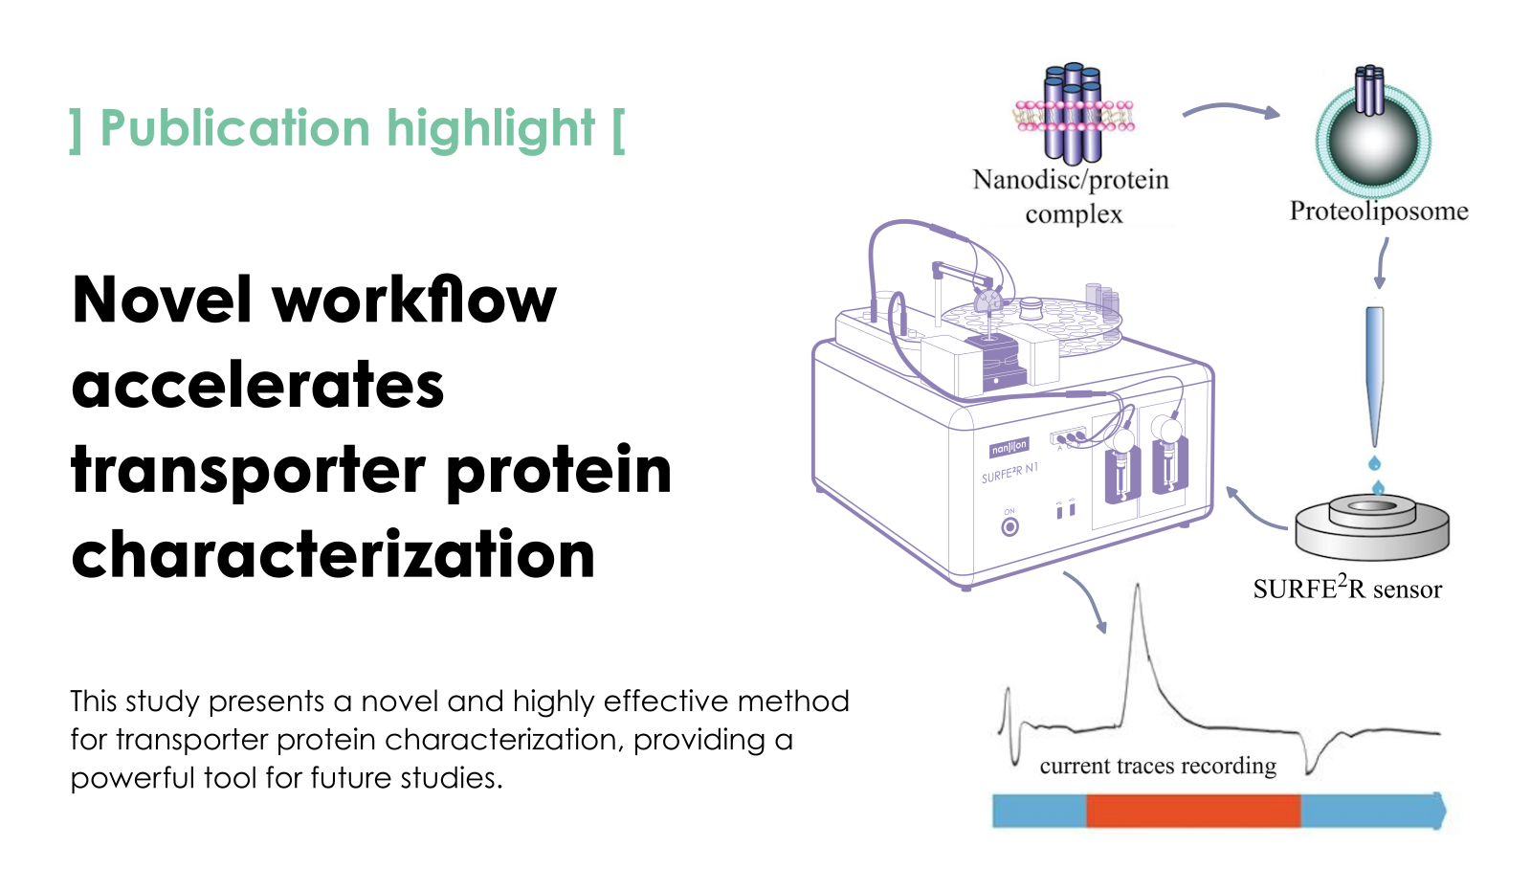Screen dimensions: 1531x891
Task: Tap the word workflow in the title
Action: point(415,300)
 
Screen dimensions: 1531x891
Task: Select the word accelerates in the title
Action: point(257,385)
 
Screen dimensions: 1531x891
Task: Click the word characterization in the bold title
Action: point(334,554)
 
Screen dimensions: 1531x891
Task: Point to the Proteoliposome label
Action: point(1379,212)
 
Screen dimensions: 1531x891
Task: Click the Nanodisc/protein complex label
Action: point(1071,197)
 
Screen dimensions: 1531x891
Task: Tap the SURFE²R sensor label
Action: point(1347,588)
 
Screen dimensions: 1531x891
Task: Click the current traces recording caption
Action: point(1158,766)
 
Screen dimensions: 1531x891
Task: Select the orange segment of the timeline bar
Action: point(1193,811)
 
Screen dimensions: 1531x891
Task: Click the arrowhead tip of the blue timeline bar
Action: point(1446,811)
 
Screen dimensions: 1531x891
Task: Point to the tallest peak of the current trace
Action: point(1138,586)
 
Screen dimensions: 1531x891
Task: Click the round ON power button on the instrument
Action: point(1010,527)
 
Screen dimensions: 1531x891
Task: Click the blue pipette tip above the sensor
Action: point(1374,376)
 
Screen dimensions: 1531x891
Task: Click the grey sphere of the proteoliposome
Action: point(1373,143)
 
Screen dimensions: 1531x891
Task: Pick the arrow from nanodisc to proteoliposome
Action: point(1231,109)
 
